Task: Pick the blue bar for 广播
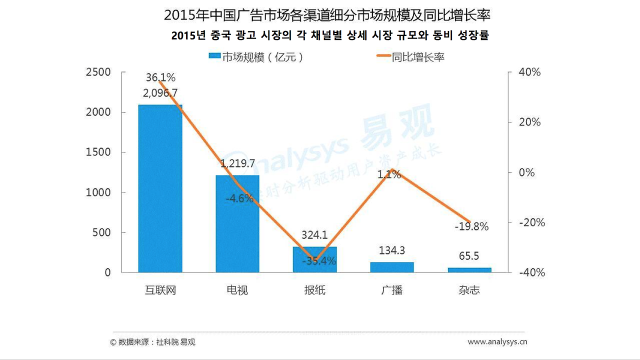(392, 267)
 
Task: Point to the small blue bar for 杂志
(469, 270)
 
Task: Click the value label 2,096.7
(160, 93)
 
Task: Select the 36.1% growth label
(160, 77)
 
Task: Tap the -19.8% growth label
(471, 226)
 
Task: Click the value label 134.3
(392, 250)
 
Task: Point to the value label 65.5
(469, 256)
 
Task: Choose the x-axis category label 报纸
(314, 290)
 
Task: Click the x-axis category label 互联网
(160, 290)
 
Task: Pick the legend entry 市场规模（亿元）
(256, 57)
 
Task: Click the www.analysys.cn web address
(497, 342)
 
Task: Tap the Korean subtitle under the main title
(329, 35)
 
